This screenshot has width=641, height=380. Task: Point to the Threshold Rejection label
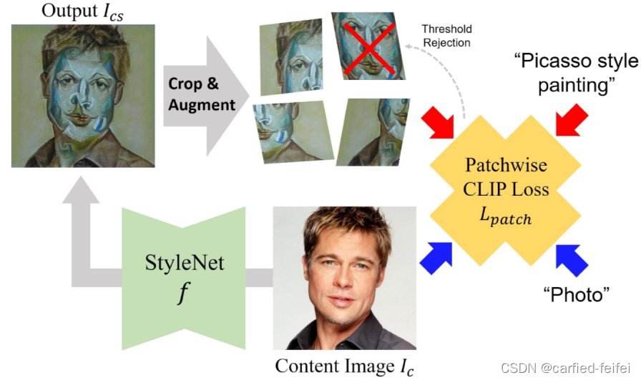pos(446,36)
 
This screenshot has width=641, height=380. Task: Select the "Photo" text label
pos(576,294)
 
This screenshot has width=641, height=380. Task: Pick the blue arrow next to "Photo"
pos(572,259)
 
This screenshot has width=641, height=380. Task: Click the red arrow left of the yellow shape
pos(438,121)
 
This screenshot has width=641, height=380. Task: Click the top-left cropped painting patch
pos(289,56)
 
